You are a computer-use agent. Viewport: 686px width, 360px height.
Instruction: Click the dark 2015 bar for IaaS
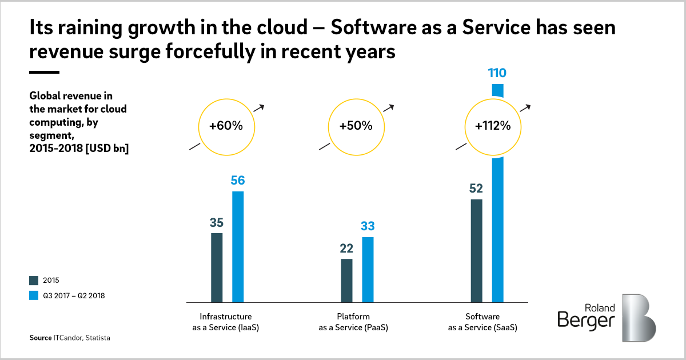click(217, 267)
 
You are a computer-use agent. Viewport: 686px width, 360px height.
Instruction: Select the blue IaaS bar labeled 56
click(238, 246)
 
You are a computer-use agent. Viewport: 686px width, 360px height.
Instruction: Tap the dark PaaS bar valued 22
click(346, 280)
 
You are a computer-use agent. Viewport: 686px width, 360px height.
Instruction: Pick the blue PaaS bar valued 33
click(368, 269)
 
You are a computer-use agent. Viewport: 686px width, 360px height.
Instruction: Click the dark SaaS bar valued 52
click(476, 250)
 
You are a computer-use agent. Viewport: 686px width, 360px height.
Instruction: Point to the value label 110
click(497, 73)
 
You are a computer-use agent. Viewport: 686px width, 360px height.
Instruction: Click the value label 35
click(217, 222)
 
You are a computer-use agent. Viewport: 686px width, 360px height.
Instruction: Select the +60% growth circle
click(226, 126)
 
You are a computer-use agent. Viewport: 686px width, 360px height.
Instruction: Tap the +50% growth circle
click(356, 126)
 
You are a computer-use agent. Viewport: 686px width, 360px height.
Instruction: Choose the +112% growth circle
click(492, 126)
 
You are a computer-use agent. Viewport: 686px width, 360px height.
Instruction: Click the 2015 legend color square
click(33, 281)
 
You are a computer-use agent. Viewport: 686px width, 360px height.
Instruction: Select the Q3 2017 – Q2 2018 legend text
click(73, 295)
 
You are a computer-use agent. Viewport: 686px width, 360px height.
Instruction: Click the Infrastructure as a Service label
click(226, 322)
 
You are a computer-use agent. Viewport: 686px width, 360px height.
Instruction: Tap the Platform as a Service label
click(353, 322)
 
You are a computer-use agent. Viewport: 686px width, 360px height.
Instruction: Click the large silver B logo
click(639, 318)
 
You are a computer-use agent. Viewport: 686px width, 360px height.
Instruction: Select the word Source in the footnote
click(40, 338)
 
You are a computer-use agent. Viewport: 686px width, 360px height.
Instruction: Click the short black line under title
click(45, 73)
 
